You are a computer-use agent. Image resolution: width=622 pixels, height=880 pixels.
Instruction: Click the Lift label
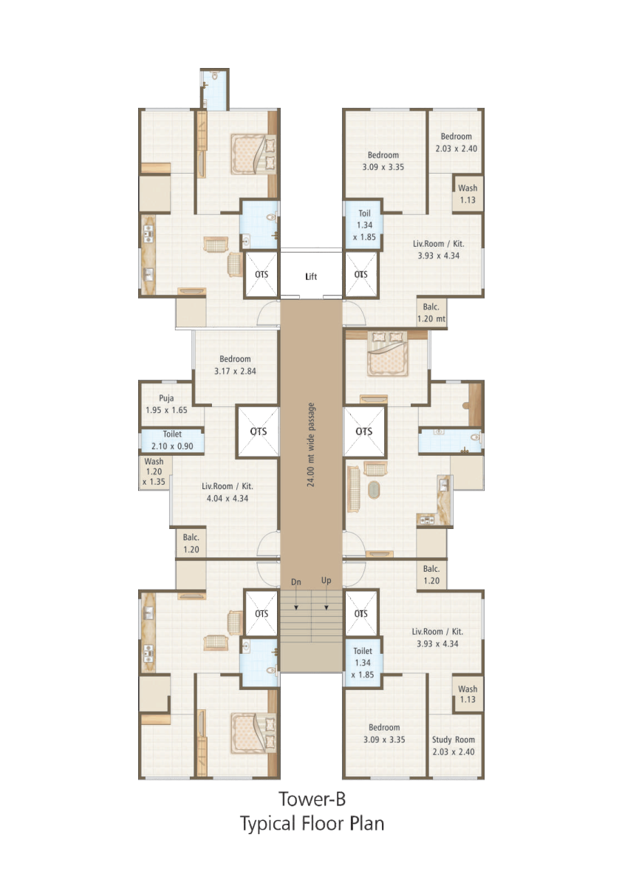(311, 276)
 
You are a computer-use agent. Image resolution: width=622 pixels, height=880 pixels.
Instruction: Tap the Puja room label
(166, 404)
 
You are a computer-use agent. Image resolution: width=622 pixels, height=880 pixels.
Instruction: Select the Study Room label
(453, 746)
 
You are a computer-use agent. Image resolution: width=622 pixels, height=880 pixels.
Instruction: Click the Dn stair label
(296, 582)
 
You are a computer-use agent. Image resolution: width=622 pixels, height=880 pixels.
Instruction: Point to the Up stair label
(326, 581)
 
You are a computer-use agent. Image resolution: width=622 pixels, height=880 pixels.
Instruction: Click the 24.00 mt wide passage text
(311, 445)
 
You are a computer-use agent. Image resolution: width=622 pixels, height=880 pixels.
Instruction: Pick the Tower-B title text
(312, 799)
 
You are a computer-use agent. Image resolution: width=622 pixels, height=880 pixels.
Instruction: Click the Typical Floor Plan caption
(312, 823)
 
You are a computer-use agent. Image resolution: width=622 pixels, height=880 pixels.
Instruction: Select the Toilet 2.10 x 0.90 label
(172, 440)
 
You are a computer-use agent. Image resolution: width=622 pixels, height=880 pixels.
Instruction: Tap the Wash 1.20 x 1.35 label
(154, 471)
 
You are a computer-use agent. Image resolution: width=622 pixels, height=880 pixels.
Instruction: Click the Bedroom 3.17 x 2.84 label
(235, 365)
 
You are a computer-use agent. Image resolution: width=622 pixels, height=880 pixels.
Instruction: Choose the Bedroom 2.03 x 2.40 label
(456, 143)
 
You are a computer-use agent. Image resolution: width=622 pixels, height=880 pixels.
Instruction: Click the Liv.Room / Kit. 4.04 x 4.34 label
(227, 492)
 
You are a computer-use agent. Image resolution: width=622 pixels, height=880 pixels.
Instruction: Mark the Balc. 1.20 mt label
(431, 313)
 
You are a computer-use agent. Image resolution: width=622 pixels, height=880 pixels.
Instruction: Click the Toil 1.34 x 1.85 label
(365, 225)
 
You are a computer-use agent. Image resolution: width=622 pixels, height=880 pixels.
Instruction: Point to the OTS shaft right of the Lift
(361, 274)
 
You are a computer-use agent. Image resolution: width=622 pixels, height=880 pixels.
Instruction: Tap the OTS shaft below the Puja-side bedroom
(258, 431)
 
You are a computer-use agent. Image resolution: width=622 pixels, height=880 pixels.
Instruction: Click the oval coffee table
(374, 489)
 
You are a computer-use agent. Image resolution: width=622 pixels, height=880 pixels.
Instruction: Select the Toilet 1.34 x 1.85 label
(363, 663)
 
